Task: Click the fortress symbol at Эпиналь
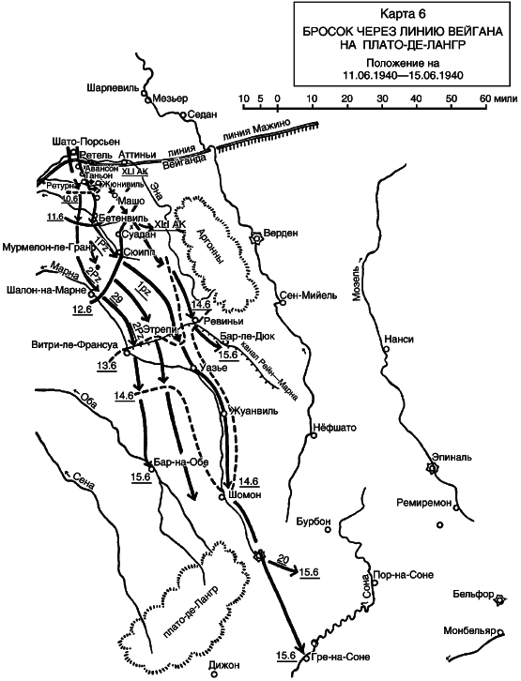tap(432, 467)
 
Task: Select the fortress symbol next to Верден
tap(256, 238)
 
